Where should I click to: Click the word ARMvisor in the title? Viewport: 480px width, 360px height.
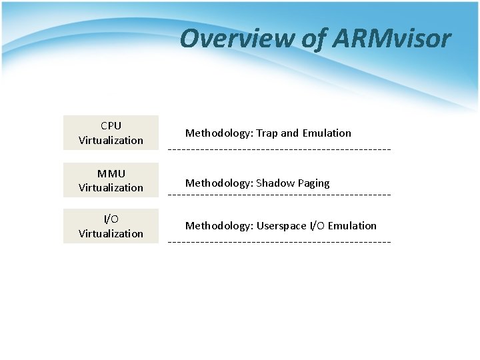(399, 39)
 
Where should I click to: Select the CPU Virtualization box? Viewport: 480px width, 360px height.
(111, 133)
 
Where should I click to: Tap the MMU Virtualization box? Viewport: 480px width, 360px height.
(111, 180)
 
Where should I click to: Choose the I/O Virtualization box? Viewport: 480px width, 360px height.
(111, 226)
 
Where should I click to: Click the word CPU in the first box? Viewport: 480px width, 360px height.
(111, 125)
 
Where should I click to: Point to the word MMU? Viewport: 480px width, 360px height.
(111, 173)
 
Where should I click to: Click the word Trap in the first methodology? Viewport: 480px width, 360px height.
(267, 133)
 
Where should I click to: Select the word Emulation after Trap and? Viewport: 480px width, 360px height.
(327, 133)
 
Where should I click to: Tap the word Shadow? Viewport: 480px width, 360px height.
(273, 183)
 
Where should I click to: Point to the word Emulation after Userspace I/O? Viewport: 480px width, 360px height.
(352, 226)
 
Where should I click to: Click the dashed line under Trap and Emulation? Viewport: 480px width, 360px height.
(279, 148)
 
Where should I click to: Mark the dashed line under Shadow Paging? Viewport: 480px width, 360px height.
(279, 195)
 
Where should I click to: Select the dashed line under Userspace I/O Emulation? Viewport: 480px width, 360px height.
(279, 240)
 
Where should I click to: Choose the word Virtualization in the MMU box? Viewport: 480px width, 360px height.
(111, 187)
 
